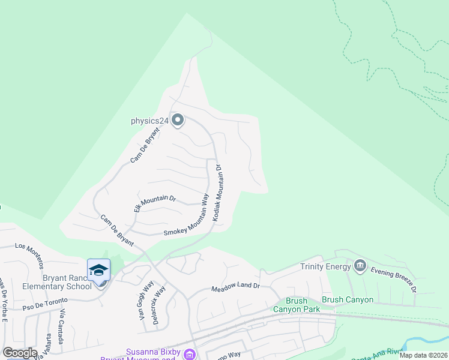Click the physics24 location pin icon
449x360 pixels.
tap(177, 121)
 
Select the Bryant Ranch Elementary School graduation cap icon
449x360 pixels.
tap(98, 271)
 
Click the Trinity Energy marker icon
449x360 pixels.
tap(360, 265)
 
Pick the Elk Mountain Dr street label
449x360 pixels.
tap(154, 204)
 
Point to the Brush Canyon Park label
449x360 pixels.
tap(290, 305)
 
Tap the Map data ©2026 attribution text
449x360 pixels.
tap(423, 355)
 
